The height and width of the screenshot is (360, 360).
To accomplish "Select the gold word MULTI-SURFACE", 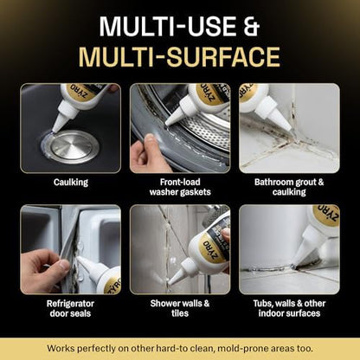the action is coord(179,56).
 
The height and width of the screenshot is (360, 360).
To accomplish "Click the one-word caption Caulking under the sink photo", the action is coord(71,183).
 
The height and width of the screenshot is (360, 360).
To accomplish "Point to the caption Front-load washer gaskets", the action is coord(180,187).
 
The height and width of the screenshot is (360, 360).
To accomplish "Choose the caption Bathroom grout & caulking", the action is coord(289,187).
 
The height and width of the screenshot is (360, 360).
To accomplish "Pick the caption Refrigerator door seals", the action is coord(70,308).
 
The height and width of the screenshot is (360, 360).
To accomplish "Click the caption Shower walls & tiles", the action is coord(180,308).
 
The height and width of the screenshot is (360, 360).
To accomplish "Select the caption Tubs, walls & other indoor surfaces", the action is coord(289,308).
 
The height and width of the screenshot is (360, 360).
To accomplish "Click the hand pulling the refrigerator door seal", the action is coord(45,271).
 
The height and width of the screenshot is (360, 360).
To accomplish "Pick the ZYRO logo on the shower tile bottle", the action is coord(212,250).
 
